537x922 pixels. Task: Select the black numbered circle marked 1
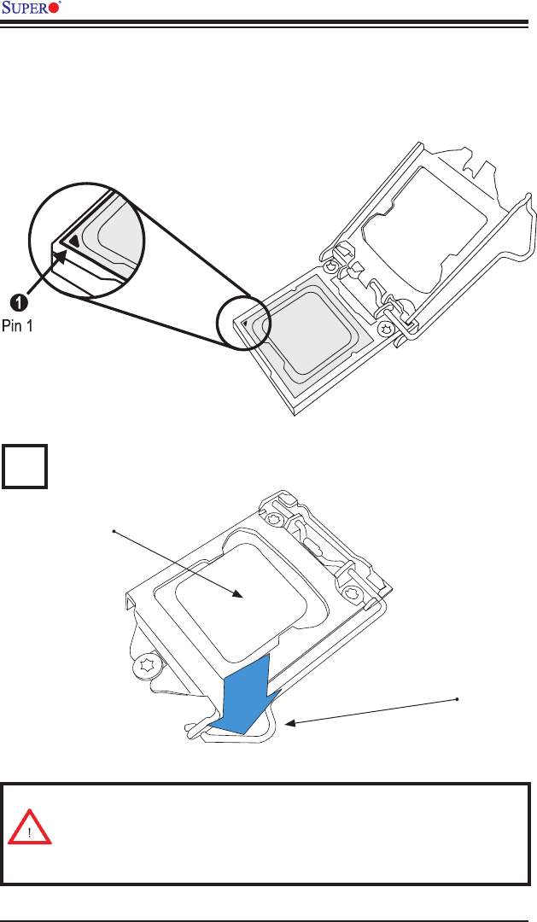[x=18, y=301]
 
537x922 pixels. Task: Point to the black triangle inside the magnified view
[x=77, y=241]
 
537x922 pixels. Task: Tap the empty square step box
[x=24, y=465]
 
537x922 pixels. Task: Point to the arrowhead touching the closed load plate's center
[x=241, y=595]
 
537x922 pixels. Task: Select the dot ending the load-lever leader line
[x=458, y=699]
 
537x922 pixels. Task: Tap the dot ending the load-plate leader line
[x=114, y=532]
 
